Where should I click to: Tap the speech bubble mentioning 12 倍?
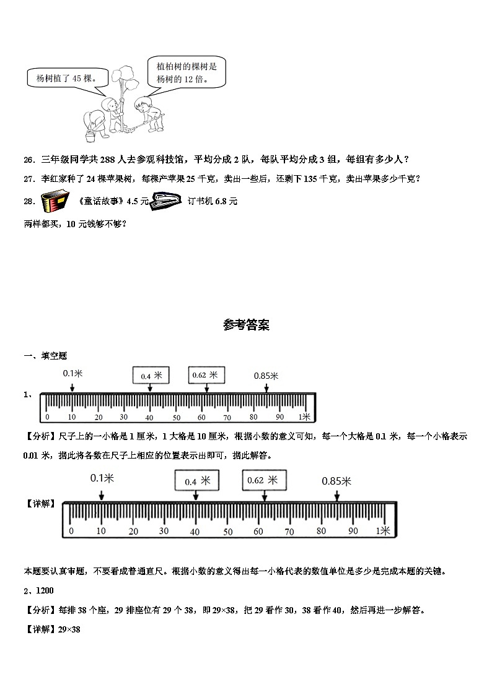point(187,72)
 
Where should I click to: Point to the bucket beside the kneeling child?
point(90,134)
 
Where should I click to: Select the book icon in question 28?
point(55,202)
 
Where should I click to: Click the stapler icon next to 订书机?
point(165,200)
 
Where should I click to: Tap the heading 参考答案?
point(246,325)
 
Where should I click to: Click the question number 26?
point(29,160)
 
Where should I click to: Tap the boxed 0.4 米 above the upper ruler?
point(151,375)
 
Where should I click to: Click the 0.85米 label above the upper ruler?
point(266,376)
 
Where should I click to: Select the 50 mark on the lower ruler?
point(227,532)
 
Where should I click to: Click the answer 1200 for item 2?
point(43,592)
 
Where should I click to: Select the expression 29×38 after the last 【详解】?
point(69,629)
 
